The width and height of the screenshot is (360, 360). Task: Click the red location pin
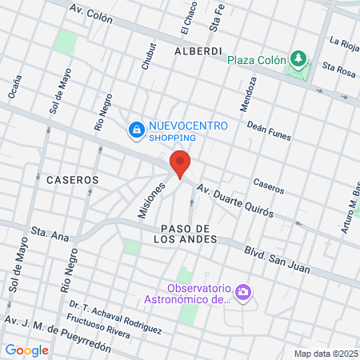[x=180, y=164]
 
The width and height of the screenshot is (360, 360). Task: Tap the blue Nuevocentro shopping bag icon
[x=137, y=130]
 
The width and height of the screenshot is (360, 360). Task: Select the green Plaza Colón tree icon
[x=298, y=58]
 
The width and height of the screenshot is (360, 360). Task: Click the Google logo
[x=26, y=350]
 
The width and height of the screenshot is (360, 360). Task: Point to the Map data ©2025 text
[x=325, y=354]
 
